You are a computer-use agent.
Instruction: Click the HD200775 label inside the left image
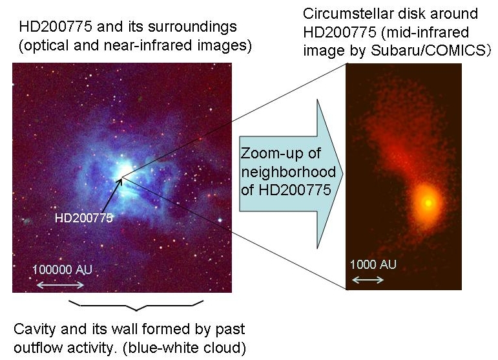pyautogui.click(x=84, y=218)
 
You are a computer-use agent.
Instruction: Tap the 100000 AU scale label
pyautogui.click(x=62, y=270)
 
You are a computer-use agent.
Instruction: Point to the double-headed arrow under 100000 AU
pyautogui.click(x=60, y=284)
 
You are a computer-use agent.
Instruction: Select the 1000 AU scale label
pyautogui.click(x=373, y=264)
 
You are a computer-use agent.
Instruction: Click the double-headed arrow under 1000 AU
pyautogui.click(x=368, y=280)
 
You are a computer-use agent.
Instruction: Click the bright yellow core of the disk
pyautogui.click(x=428, y=202)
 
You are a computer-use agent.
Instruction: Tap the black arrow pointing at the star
pyautogui.click(x=112, y=196)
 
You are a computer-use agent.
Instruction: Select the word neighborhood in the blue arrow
pyautogui.click(x=288, y=172)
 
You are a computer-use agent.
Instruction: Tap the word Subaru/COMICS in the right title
pyautogui.click(x=429, y=50)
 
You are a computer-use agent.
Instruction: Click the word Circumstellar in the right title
pyautogui.click(x=348, y=14)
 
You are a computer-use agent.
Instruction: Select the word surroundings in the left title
pyautogui.click(x=192, y=27)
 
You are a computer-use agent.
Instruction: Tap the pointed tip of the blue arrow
pyautogui.click(x=343, y=174)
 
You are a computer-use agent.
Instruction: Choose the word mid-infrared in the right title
pyautogui.click(x=425, y=32)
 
